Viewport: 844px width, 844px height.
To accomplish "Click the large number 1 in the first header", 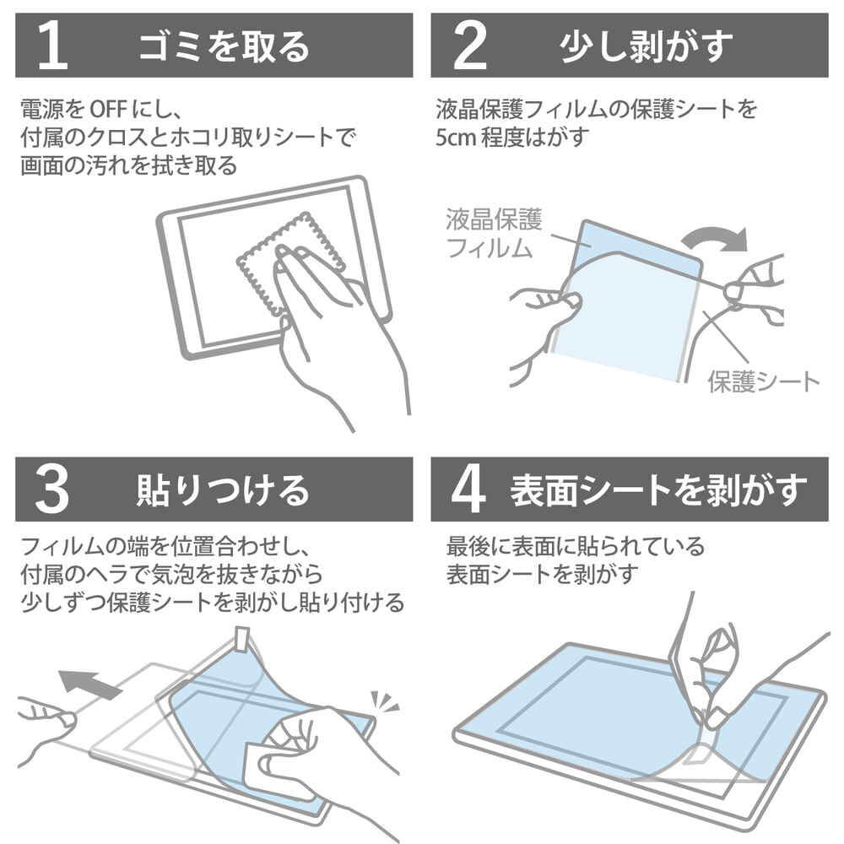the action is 52,46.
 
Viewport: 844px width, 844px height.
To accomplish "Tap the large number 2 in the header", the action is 470,46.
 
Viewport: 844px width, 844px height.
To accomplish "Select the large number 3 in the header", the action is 52,490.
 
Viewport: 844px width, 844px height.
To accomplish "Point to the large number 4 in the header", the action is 468,490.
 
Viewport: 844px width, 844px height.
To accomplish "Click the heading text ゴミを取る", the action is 224,46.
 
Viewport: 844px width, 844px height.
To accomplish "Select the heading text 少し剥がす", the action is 647,46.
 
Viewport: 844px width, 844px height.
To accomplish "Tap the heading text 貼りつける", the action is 223,490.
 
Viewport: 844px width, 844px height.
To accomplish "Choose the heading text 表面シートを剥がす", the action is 659,490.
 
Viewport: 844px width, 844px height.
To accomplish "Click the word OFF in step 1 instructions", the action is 108,109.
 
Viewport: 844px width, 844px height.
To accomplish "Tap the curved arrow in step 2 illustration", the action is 716,239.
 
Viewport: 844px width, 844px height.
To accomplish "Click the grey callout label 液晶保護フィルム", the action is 494,234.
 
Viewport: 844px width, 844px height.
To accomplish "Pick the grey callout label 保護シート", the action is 763,382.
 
